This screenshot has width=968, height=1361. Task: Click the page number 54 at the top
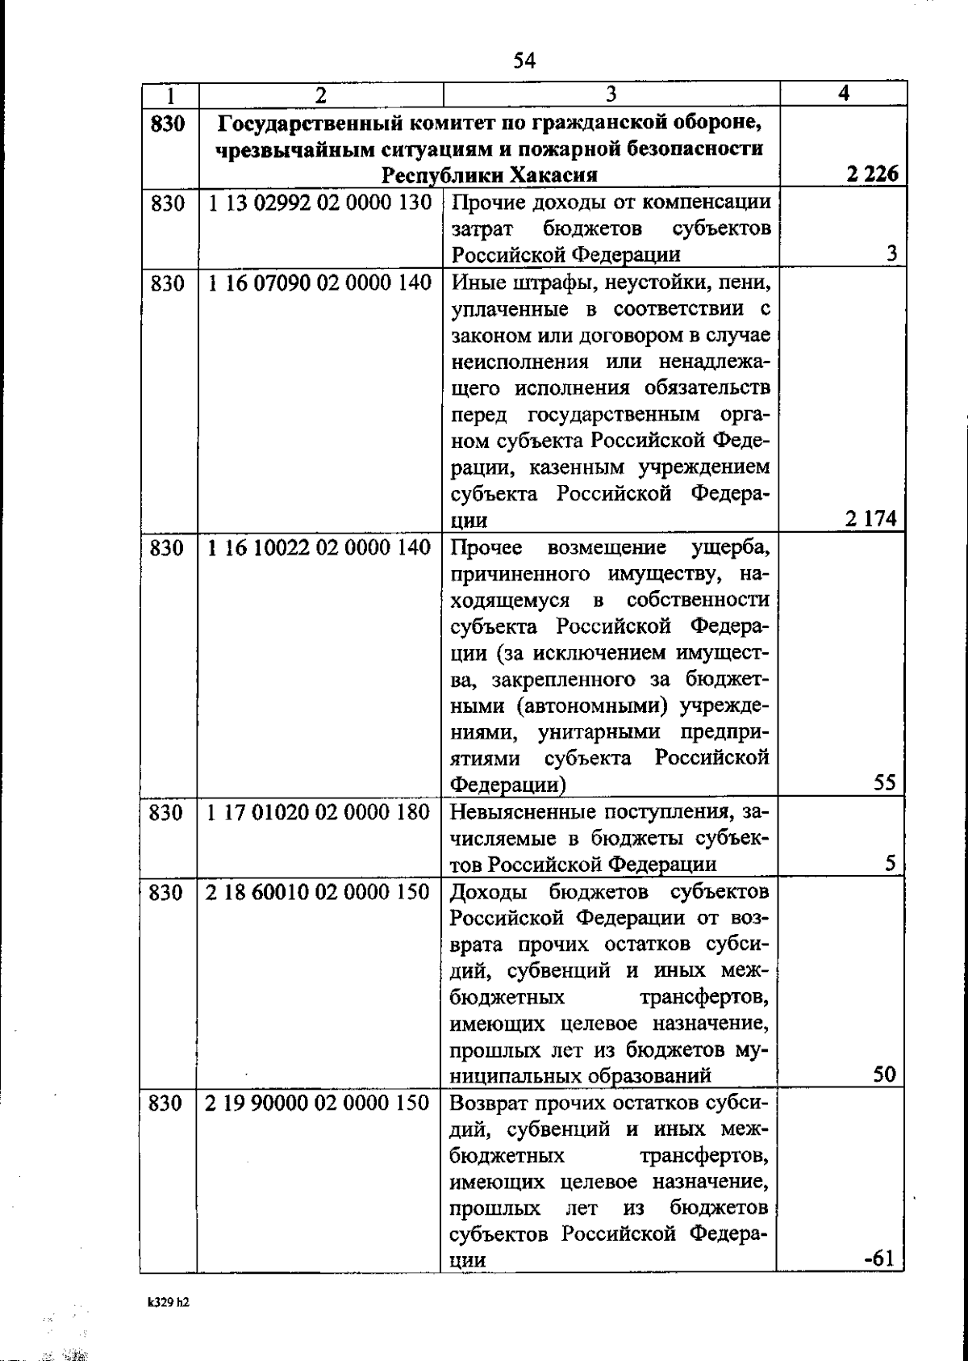524,61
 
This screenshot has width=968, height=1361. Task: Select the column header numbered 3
611,94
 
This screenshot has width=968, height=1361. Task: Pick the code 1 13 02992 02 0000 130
319,203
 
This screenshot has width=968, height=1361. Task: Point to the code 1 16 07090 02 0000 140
319,283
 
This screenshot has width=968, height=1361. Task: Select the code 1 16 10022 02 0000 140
319,548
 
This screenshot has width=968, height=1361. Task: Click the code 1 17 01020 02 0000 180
319,812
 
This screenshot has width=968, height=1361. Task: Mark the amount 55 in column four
884,783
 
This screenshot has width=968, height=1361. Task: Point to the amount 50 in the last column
884,1074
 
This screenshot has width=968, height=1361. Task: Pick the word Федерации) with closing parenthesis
507,784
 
